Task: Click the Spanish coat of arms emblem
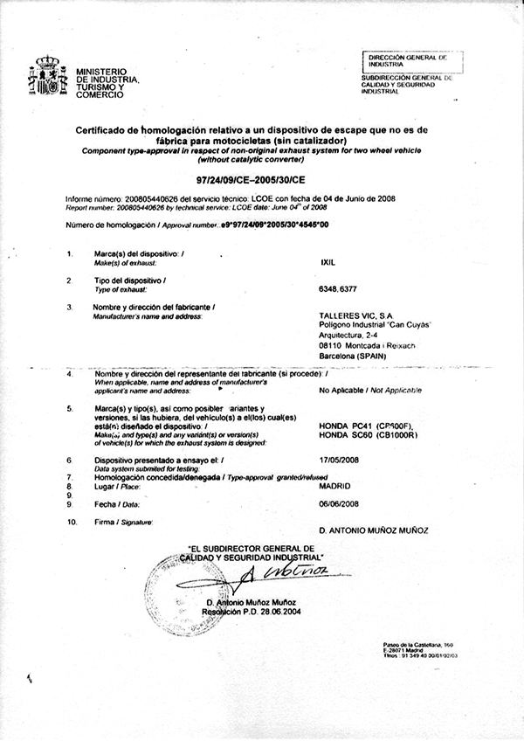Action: point(47,78)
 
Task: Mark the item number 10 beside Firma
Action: point(72,522)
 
